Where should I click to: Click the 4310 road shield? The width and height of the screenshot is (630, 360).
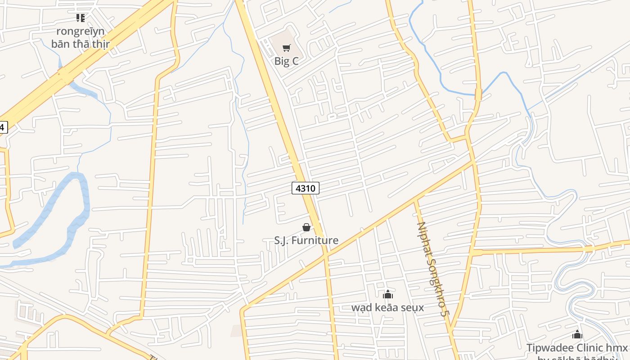306,188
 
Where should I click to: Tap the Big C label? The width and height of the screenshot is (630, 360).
286,61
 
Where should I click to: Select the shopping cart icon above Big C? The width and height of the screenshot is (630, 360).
286,48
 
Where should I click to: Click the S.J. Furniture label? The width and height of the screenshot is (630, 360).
306,240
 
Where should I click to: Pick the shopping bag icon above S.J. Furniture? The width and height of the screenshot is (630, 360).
306,227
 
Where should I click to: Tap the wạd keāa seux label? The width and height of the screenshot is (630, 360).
387,307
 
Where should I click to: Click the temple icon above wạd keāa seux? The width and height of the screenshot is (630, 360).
387,295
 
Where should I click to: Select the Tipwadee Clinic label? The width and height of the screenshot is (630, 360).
577,348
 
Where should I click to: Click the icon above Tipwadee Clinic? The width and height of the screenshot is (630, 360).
577,335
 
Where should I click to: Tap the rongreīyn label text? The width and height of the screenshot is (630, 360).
81,31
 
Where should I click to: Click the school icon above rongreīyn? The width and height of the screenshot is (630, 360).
81,18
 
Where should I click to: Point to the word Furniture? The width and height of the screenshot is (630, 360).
315,240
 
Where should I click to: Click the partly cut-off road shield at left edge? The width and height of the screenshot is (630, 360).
3,127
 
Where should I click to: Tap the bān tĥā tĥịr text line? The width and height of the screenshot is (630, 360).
81,44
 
